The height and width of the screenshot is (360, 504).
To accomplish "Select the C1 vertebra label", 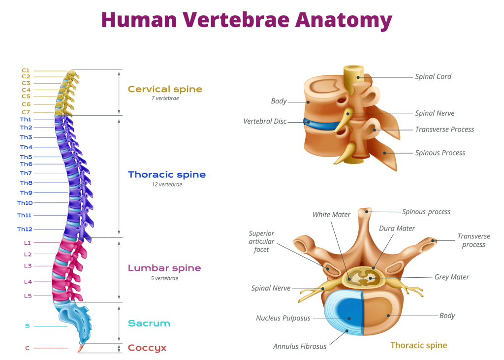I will click(26, 70).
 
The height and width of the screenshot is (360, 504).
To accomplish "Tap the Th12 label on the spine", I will click(25, 229).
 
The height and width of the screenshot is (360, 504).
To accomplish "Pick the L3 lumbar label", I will click(28, 266).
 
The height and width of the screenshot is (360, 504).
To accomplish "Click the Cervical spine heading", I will click(165, 89).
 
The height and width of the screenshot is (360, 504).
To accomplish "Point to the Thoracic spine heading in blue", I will click(167, 175).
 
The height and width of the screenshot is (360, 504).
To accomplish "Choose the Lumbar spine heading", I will click(164, 268).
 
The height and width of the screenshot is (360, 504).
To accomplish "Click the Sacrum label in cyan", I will click(149, 324).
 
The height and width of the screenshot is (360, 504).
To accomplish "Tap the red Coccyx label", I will click(147, 348).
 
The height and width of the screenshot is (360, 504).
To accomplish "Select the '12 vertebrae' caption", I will click(167, 185).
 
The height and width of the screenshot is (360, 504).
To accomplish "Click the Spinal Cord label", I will click(433, 76).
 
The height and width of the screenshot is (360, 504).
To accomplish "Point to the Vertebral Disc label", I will click(265, 121).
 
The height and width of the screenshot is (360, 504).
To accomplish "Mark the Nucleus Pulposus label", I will click(283, 318).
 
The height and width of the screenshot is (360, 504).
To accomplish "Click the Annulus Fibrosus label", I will click(300, 346).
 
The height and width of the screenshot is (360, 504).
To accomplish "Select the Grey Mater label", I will click(451, 277).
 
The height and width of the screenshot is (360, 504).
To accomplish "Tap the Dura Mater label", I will click(397, 229).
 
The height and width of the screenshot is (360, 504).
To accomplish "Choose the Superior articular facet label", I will click(261, 241).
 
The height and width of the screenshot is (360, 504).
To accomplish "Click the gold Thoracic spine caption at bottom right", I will click(418, 345).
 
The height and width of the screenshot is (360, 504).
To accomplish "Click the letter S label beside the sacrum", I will click(27, 326).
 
